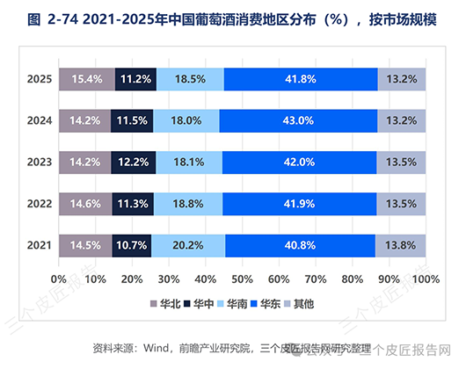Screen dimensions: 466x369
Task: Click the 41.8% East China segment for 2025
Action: [301, 79]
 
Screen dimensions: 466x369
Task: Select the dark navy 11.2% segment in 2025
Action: [135, 79]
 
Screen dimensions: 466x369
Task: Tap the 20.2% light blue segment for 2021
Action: [188, 245]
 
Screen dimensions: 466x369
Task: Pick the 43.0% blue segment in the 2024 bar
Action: [298, 121]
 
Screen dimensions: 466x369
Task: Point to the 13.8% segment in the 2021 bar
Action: [400, 245]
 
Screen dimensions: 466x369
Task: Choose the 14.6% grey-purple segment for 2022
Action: [85, 204]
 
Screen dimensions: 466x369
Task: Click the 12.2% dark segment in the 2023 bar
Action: [134, 163]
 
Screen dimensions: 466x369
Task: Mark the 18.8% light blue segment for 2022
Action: [188, 204]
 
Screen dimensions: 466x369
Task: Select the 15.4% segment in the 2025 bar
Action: [87, 79]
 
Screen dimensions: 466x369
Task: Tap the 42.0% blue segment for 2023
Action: [299, 163]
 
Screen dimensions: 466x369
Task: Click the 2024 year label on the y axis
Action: [40, 120]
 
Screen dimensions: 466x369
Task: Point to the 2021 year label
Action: [40, 245]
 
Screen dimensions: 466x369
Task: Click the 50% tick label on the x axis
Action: [242, 279]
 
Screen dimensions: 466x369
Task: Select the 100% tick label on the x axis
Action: [426, 279]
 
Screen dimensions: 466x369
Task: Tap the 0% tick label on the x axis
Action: [59, 279]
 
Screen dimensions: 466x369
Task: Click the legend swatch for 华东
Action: [254, 304]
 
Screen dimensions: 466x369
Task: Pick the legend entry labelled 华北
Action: [165, 304]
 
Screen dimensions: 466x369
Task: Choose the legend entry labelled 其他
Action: [299, 304]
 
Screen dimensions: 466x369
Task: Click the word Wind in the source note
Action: [156, 348]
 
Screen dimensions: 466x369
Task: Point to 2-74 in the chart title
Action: [62, 19]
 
